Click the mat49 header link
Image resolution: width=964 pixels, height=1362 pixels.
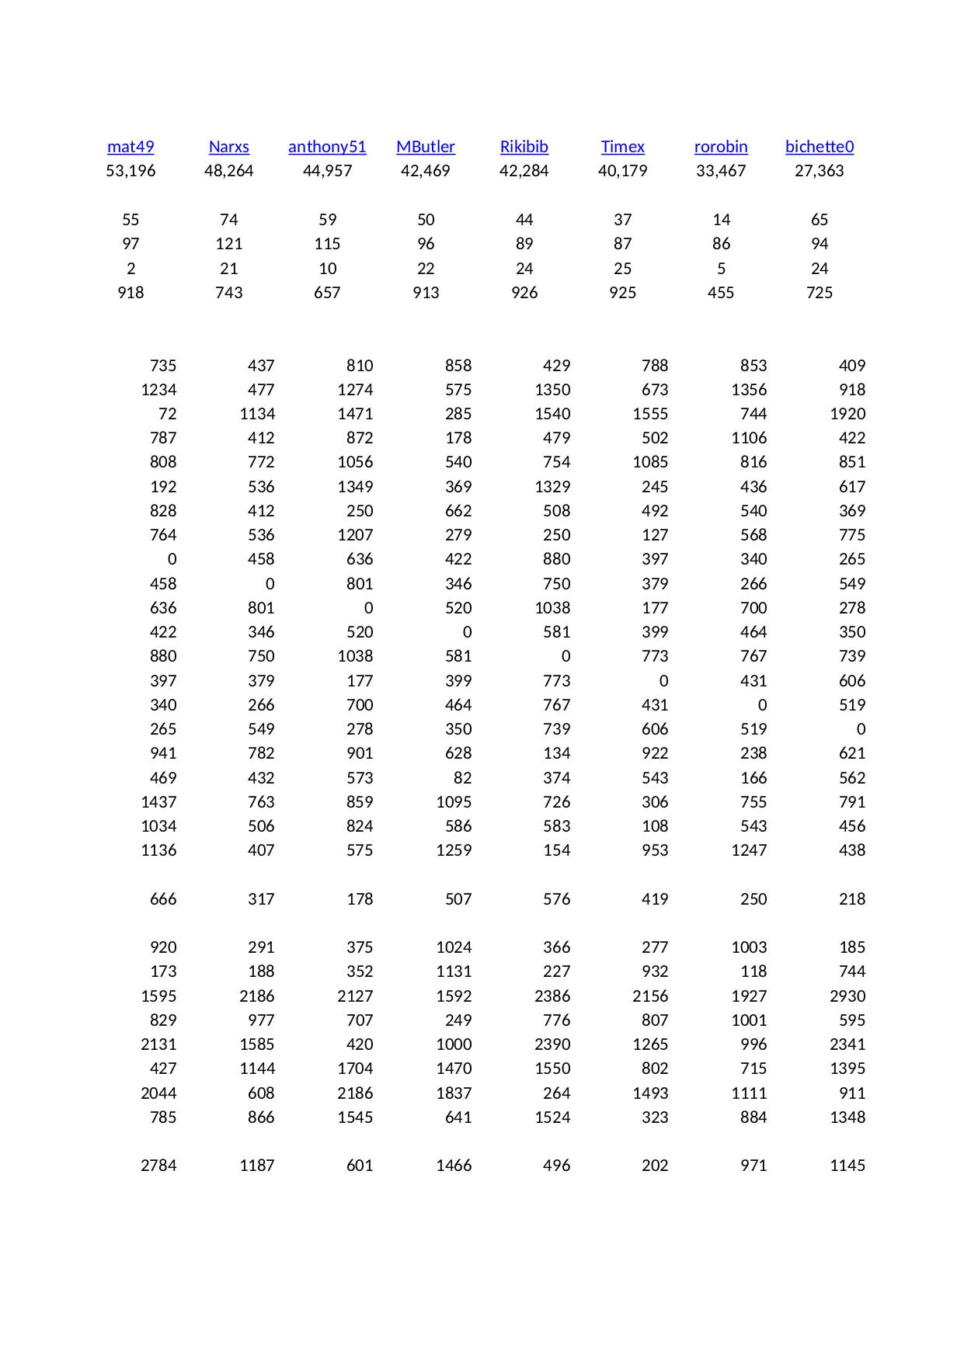click(131, 147)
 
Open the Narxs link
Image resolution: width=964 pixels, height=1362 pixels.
click(229, 147)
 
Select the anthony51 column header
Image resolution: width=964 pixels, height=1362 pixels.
click(327, 147)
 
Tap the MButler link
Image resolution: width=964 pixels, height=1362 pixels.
click(426, 147)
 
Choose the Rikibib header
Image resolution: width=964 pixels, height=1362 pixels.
click(524, 147)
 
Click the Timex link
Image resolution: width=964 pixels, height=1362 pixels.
click(623, 147)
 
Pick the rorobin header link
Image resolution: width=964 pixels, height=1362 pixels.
click(721, 147)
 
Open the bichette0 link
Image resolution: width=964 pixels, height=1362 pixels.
click(820, 147)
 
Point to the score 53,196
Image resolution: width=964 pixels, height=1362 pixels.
click(131, 171)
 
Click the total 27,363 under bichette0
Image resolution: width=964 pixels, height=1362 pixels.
click(820, 171)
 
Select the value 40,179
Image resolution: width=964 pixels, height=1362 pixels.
click(623, 171)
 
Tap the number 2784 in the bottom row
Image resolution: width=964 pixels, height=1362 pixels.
click(158, 1166)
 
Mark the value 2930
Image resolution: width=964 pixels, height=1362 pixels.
click(847, 996)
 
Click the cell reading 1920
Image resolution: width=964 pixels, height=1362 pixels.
click(847, 414)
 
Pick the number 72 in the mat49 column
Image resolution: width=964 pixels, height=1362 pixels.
click(167, 414)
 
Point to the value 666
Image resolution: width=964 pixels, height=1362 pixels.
click(163, 899)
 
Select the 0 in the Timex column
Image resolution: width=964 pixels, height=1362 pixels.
click(663, 681)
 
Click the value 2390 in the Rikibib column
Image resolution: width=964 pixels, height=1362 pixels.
click(552, 1044)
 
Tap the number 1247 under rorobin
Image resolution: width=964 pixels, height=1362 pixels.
click(749, 850)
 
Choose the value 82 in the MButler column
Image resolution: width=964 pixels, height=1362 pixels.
click(462, 778)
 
